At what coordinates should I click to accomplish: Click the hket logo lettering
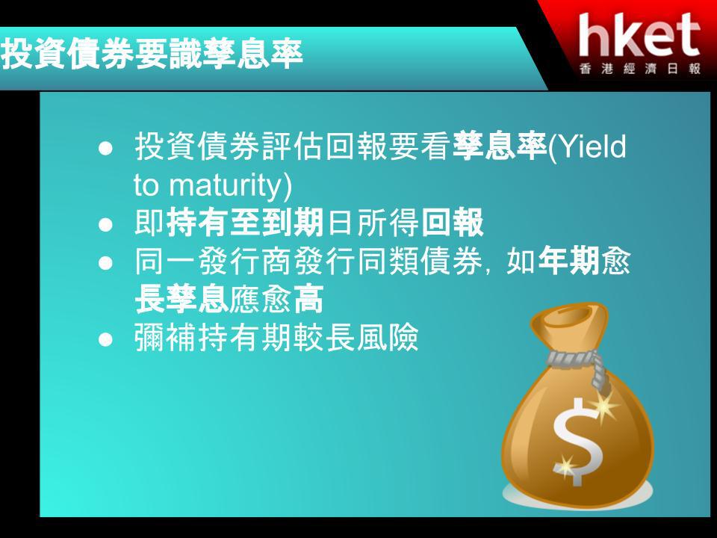(639, 35)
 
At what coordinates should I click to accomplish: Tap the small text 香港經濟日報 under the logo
(640, 69)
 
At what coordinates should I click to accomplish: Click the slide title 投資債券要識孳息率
(152, 54)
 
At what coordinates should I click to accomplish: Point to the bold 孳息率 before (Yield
(500, 146)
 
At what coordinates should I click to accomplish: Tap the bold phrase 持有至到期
(245, 223)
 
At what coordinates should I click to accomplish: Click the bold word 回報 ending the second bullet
(452, 223)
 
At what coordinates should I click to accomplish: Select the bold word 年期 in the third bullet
(568, 262)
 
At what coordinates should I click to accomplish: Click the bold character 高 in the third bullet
(308, 299)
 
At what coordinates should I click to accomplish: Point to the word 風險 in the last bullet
(388, 338)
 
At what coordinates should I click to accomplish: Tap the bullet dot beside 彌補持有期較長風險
(105, 339)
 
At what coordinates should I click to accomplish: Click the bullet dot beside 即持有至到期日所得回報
(105, 225)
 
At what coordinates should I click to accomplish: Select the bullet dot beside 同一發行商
(105, 263)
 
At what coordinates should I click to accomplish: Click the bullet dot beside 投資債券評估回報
(105, 148)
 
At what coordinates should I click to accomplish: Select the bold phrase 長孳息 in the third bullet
(182, 299)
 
